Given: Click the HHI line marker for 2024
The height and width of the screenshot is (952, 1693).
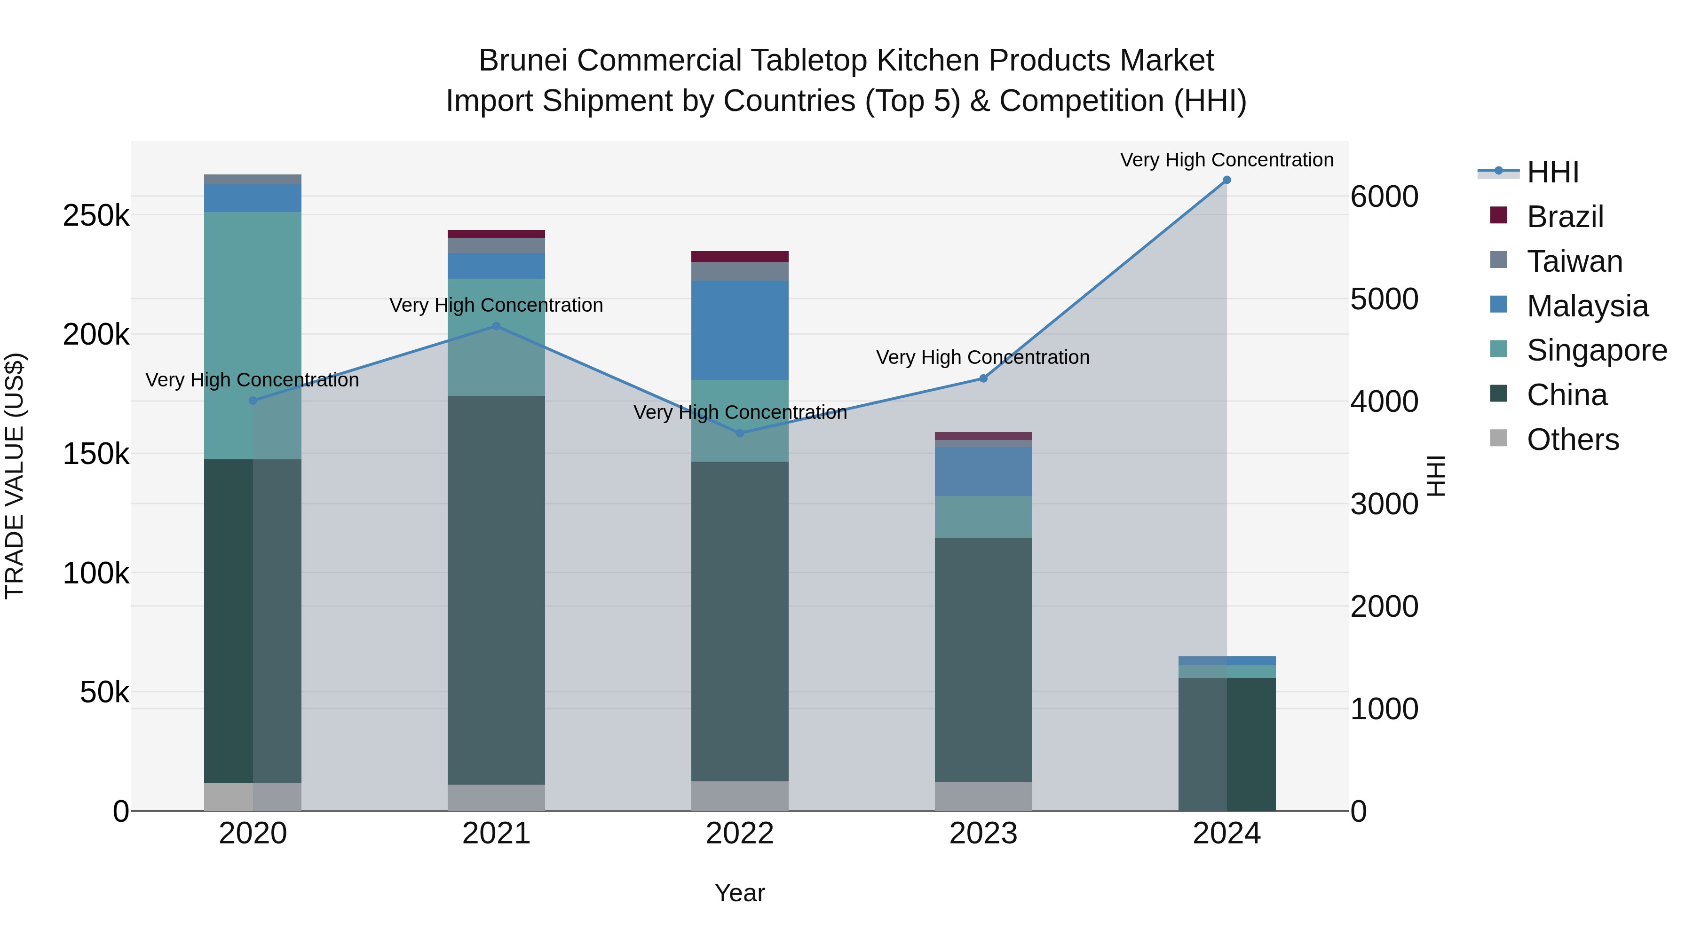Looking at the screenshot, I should click(x=1226, y=180).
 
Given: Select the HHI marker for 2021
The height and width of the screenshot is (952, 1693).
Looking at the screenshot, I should click(x=496, y=326).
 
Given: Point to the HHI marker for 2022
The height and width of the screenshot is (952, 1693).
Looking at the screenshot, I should click(x=740, y=433).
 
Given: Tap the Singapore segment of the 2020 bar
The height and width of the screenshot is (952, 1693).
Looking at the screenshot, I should click(x=253, y=335).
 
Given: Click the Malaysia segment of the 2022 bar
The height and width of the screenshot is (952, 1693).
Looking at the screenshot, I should click(x=740, y=330).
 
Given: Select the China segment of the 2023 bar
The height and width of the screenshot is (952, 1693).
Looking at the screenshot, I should click(x=983, y=660).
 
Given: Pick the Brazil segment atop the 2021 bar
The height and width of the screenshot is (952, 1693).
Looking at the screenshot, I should click(x=496, y=234).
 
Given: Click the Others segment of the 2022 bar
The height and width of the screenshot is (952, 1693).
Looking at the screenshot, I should click(x=740, y=795).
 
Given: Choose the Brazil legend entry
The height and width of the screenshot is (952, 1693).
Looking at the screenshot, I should click(x=1565, y=217).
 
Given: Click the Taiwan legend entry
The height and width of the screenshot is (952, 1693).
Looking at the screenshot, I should click(x=1574, y=261).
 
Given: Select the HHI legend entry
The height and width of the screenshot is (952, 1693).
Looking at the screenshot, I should click(x=1552, y=172).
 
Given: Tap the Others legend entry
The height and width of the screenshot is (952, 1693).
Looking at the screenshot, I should click(x=1572, y=440).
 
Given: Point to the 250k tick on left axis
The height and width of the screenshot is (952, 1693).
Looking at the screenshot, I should click(x=96, y=215).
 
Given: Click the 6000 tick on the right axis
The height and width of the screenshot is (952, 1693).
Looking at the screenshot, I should click(x=1384, y=197).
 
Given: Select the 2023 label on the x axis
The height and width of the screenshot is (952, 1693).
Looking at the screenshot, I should click(x=983, y=834).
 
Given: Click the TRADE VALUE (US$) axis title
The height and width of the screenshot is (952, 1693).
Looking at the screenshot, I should click(x=15, y=476).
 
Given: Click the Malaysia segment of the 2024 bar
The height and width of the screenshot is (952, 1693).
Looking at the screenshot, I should click(x=1226, y=661).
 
